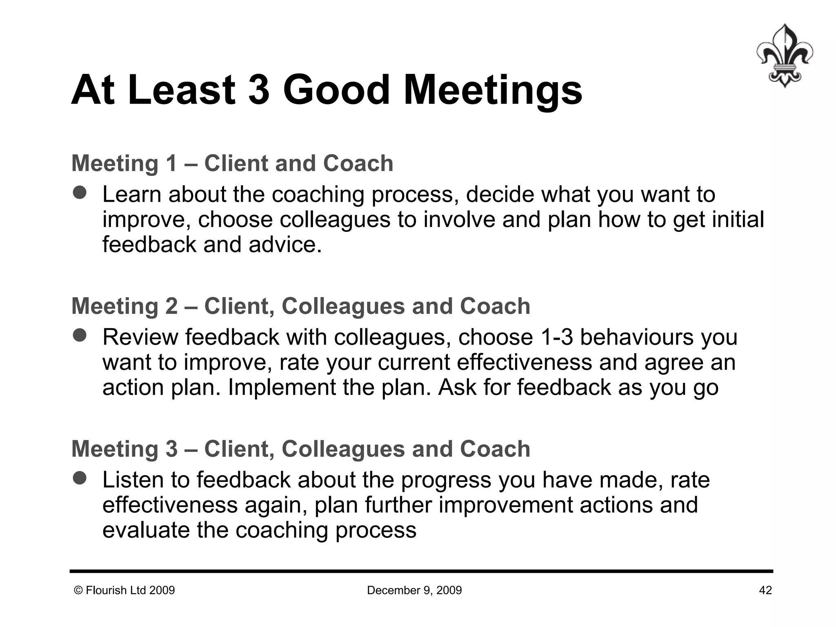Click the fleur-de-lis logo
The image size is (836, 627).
[x=784, y=56]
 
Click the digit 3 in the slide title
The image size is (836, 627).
[x=259, y=90]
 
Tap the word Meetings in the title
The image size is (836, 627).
[x=493, y=91]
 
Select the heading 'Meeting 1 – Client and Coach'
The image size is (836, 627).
[x=232, y=163]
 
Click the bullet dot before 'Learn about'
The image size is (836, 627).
[x=80, y=193]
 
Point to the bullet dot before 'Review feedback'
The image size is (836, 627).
[x=80, y=336]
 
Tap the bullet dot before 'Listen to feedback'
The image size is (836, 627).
[x=80, y=478]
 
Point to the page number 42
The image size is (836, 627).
[x=765, y=590]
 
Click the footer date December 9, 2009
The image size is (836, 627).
[x=414, y=590]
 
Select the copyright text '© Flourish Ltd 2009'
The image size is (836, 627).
[x=124, y=590]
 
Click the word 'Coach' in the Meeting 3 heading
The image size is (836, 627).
[x=495, y=449]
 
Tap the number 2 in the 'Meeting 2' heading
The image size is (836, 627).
[x=171, y=306]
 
